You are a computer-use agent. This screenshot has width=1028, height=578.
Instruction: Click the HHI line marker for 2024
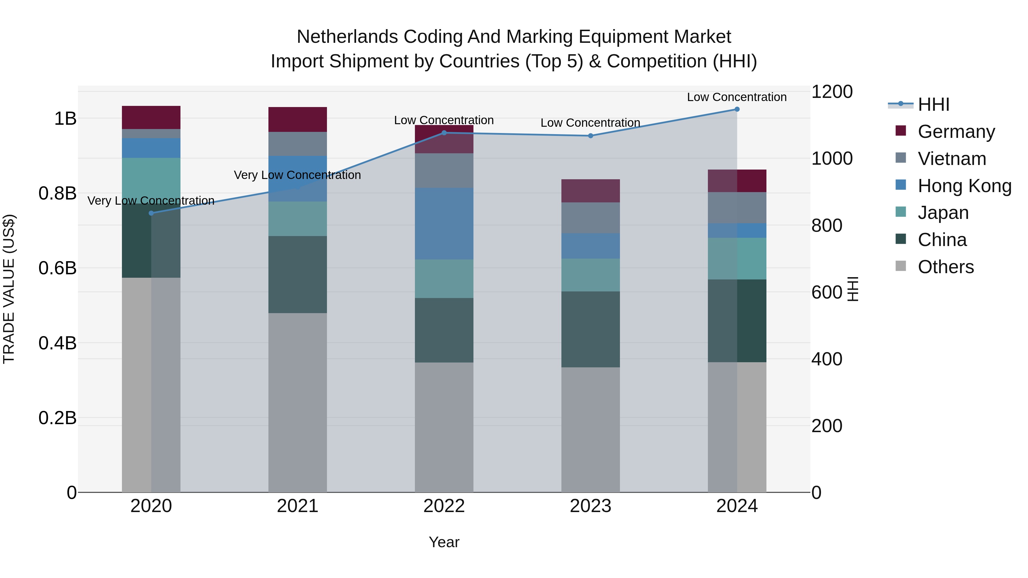pyautogui.click(x=737, y=109)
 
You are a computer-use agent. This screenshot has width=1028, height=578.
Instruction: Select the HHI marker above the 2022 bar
pyautogui.click(x=444, y=133)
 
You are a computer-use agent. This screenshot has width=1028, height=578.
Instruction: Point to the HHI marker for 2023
pyautogui.click(x=591, y=136)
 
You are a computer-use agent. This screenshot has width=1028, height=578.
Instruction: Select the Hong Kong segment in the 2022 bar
pyautogui.click(x=444, y=224)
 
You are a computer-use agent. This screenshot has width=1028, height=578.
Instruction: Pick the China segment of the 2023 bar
pyautogui.click(x=591, y=329)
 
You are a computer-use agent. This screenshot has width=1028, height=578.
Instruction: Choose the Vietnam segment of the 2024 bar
pyautogui.click(x=737, y=208)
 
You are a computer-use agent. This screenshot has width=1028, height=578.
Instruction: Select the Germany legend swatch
pyautogui.click(x=901, y=131)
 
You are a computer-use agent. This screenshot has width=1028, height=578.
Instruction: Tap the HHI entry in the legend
pyautogui.click(x=933, y=104)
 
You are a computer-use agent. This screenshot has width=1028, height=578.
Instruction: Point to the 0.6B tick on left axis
pyautogui.click(x=57, y=268)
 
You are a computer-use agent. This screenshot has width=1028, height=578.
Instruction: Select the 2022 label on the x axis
pyautogui.click(x=444, y=506)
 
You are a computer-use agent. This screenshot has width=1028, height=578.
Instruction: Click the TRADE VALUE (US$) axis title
pyautogui.click(x=9, y=289)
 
